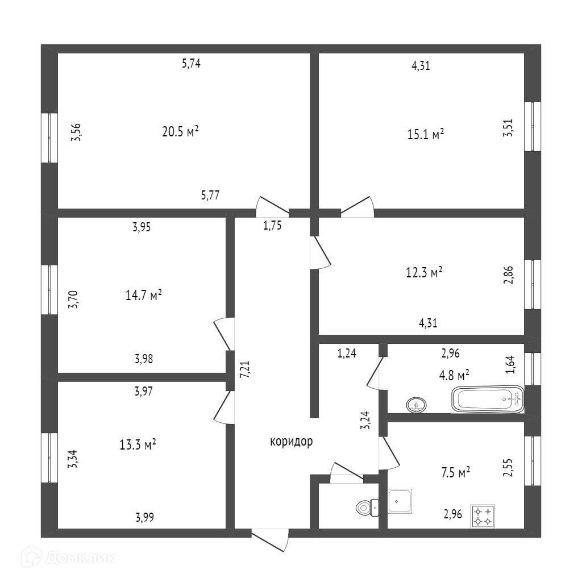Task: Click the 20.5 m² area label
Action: click(180, 132)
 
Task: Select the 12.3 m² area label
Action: click(424, 273)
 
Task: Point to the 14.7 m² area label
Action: click(144, 295)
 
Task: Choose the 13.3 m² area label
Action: click(138, 444)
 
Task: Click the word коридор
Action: click(291, 442)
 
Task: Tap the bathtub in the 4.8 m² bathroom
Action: click(487, 399)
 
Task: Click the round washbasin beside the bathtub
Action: click(417, 405)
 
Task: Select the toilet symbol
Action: click(367, 506)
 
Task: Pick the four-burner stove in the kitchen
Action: click(483, 516)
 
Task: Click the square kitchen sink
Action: click(400, 501)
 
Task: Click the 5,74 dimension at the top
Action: click(191, 64)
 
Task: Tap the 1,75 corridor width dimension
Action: click(272, 225)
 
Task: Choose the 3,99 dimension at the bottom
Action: click(144, 517)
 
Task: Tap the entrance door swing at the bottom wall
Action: click(271, 540)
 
